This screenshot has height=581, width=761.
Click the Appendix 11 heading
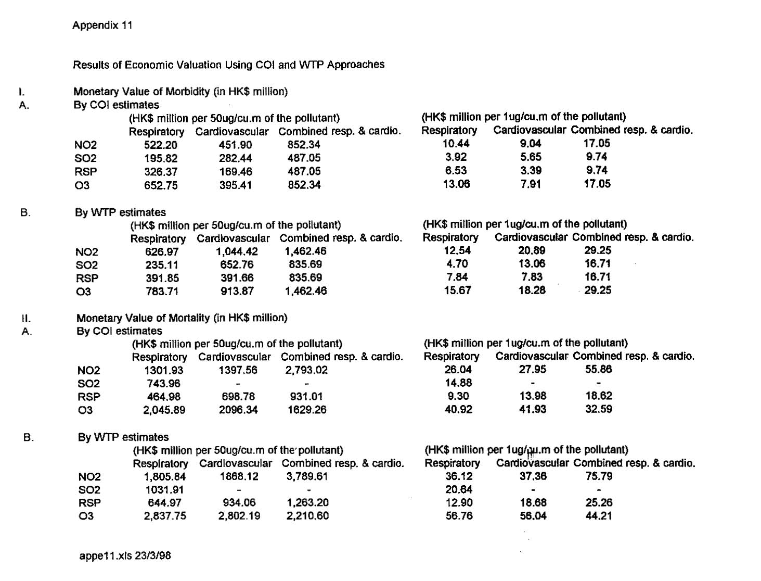pyautogui.click(x=102, y=25)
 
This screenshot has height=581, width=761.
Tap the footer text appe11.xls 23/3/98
pyautogui.click(x=125, y=555)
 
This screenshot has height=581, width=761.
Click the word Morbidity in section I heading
pyautogui.click(x=187, y=92)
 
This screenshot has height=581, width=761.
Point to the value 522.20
pyautogui.click(x=161, y=145)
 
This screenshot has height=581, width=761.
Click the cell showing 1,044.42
pyautogui.click(x=237, y=251)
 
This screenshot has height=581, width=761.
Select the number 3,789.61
pyautogui.click(x=307, y=476)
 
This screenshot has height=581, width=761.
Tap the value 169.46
pyautogui.click(x=236, y=171)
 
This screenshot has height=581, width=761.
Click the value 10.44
pyautogui.click(x=456, y=144)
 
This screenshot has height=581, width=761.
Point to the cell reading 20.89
pyautogui.click(x=532, y=250)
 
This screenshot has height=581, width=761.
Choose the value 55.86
pyautogui.click(x=598, y=369)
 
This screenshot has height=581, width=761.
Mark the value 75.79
pyautogui.click(x=599, y=476)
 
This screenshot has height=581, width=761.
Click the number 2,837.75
pyautogui.click(x=165, y=516)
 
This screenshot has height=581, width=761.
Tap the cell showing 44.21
pyautogui.click(x=599, y=516)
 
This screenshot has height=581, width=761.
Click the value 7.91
pyautogui.click(x=531, y=184)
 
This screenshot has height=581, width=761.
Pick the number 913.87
pyautogui.click(x=237, y=291)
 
